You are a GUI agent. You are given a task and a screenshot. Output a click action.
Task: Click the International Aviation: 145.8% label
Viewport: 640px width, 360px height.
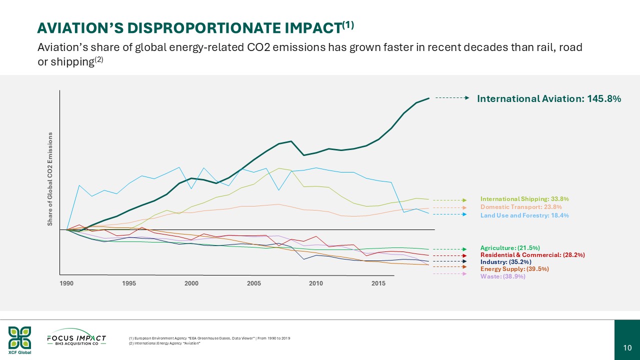click(549, 99)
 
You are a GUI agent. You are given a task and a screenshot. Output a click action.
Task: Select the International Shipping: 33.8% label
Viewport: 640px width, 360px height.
click(524, 199)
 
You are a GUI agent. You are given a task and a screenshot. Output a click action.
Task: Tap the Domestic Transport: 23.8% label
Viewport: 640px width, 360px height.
click(521, 207)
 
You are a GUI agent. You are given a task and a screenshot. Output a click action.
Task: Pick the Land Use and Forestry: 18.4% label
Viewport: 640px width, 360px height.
click(524, 215)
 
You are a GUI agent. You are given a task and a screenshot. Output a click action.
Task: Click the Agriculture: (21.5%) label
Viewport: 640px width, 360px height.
click(510, 248)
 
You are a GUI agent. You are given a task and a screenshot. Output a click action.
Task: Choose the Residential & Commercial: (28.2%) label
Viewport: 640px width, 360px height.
click(532, 255)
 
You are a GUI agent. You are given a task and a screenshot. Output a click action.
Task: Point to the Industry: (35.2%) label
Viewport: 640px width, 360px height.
click(505, 261)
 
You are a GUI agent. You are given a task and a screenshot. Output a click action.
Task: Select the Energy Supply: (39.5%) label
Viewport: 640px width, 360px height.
click(511, 269)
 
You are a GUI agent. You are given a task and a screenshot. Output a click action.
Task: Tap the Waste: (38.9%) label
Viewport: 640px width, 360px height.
click(502, 276)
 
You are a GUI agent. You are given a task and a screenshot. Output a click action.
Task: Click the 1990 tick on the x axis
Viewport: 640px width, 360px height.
click(66, 283)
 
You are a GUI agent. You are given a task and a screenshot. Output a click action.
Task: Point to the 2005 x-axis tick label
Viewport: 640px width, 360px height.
click(254, 283)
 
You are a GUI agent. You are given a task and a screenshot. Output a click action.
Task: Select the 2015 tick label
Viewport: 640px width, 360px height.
click(378, 283)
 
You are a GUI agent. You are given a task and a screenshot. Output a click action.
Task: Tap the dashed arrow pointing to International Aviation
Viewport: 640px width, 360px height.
click(452, 98)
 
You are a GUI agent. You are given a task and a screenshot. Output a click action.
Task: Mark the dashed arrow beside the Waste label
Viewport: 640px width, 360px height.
click(449, 273)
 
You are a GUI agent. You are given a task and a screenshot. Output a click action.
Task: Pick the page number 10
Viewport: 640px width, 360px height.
click(627, 348)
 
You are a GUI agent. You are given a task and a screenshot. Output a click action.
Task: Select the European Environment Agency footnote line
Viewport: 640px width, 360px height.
click(209, 338)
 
